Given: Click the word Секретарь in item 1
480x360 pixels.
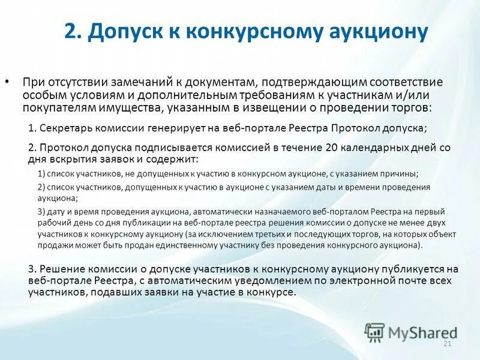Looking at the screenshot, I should pos(65,128).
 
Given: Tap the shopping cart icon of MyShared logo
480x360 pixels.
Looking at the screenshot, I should pos(374,332).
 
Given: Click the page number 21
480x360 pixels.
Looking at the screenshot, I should pos(446,343).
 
